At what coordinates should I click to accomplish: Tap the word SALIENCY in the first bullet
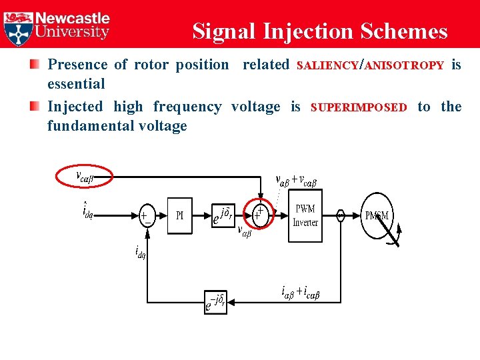coord(327,66)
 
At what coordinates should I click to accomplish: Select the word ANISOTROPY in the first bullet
coord(405,66)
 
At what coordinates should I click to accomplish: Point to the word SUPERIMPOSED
coord(359,108)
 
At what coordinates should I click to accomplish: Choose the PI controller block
coord(179,215)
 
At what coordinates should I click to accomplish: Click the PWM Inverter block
coord(305,216)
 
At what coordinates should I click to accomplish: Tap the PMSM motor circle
coord(377,215)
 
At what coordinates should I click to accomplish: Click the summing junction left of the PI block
coord(145,215)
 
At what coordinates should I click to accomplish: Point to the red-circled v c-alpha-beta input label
coord(84,177)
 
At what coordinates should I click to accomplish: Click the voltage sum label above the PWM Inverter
coord(296,179)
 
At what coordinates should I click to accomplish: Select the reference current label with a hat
coord(87,211)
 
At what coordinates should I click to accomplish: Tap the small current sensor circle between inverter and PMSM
coord(340,215)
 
